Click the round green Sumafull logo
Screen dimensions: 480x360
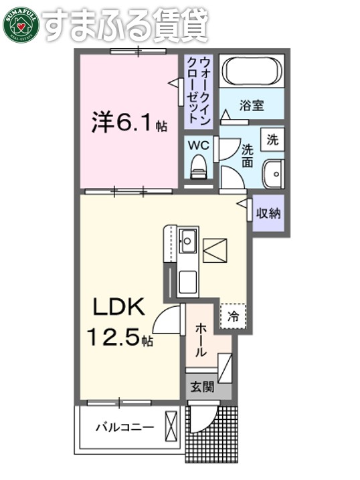21,24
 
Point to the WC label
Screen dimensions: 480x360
199,144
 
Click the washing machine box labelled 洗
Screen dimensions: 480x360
272,140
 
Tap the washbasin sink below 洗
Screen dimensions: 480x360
272,175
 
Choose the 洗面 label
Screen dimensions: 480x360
246,155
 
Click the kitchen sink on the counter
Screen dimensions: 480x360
187,239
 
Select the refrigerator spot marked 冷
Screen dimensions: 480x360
234,315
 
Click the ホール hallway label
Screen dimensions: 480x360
202,339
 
